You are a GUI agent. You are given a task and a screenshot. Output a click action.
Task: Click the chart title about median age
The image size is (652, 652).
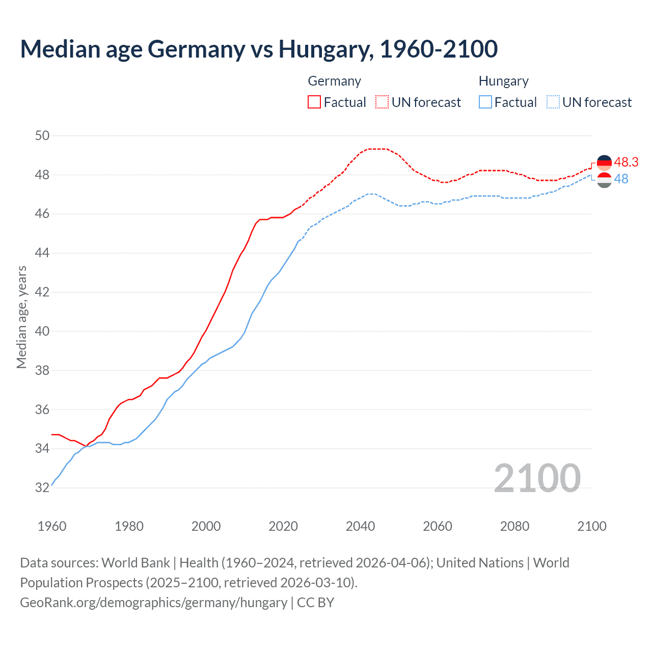[x=259, y=49]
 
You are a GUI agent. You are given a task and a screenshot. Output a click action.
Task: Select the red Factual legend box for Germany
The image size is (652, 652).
[x=314, y=102]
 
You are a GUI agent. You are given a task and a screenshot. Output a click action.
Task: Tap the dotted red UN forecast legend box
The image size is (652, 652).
[x=382, y=102]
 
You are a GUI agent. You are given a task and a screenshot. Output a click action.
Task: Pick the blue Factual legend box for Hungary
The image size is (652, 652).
[x=485, y=102]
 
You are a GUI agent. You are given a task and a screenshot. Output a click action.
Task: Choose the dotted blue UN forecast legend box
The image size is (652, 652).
[x=553, y=102]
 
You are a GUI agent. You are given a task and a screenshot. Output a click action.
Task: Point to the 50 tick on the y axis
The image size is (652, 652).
[x=42, y=135]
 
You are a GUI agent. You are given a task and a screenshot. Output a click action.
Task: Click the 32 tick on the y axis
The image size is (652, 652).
[x=42, y=487]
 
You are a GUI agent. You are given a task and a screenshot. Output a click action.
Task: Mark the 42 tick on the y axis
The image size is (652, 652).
[x=42, y=292]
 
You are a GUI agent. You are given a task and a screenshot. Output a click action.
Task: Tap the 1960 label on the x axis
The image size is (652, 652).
[x=52, y=526]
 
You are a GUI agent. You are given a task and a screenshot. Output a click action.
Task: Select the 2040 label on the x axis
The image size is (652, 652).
[x=360, y=526]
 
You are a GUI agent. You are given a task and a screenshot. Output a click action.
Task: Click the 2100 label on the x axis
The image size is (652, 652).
[x=591, y=526]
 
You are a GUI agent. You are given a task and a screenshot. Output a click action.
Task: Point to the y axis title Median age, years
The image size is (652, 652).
[x=21, y=317]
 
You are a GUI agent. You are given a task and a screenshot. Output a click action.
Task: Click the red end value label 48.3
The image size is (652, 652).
[x=626, y=162]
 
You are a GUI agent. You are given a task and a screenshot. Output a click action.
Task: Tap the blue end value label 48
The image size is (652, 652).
[x=621, y=179]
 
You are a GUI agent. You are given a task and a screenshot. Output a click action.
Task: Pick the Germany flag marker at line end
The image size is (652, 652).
[x=604, y=163]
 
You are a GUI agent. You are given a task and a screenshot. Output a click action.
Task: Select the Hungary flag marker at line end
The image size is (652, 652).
[x=604, y=180]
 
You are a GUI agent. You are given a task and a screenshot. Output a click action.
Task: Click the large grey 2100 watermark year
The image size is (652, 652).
[x=537, y=478]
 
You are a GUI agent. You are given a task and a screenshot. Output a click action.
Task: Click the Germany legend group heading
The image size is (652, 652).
[x=334, y=81]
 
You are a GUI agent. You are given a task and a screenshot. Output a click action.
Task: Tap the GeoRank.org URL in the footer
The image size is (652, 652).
[x=153, y=602]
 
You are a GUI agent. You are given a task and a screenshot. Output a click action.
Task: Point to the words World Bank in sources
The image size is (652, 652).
[x=135, y=563]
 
